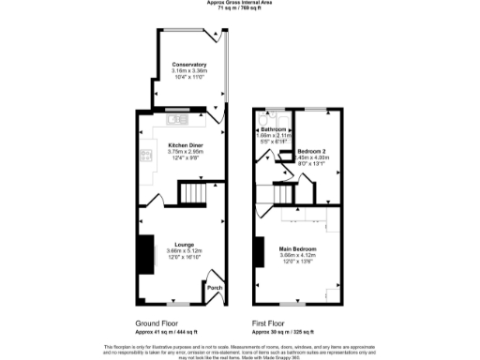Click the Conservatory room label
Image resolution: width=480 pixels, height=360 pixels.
coord(188,64)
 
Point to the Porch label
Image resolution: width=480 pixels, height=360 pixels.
coord(213,288)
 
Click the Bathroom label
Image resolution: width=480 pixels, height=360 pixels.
coord(274,129)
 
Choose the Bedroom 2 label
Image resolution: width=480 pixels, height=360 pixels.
coord(313,150)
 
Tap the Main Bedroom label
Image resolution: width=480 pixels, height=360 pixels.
coord(299,248)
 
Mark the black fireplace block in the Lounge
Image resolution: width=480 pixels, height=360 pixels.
coord(144,253)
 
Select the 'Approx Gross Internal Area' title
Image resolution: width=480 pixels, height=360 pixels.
coord(240,3)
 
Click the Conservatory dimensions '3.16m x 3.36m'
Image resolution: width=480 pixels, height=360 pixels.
coord(188,70)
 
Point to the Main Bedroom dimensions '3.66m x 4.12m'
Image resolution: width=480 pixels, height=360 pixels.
coord(299,255)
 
